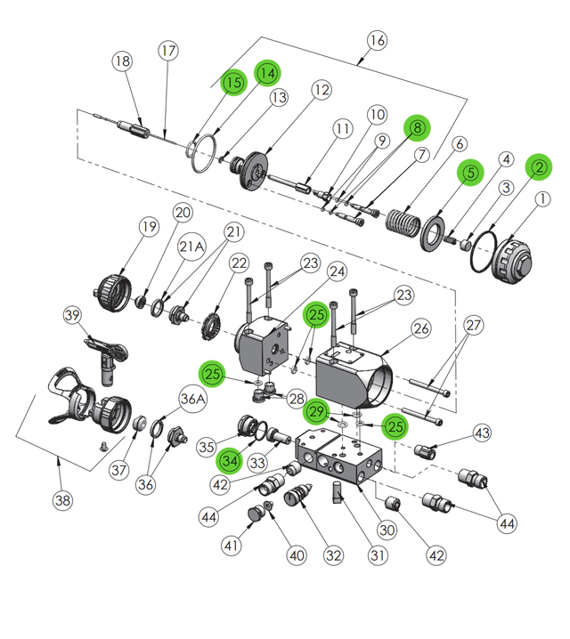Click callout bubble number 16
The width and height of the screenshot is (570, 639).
pyautogui.click(x=377, y=40)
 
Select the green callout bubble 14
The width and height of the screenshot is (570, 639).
pyautogui.click(x=267, y=72)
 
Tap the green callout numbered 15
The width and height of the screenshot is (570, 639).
pyautogui.click(x=233, y=83)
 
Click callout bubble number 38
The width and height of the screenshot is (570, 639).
pyautogui.click(x=62, y=500)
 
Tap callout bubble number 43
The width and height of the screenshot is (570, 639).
pyautogui.click(x=482, y=433)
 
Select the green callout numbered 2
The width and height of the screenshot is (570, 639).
pyautogui.click(x=539, y=166)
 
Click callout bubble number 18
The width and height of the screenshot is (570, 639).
pyautogui.click(x=123, y=61)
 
